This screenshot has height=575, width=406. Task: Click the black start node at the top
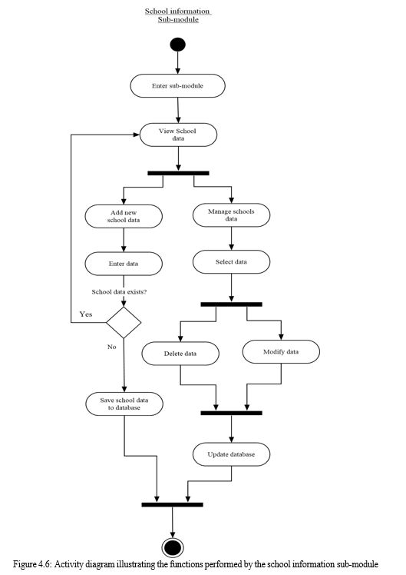(177, 45)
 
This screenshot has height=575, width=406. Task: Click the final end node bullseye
(173, 548)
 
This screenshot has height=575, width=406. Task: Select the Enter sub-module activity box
(177, 86)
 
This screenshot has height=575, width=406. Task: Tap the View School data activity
(178, 135)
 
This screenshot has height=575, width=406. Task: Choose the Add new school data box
(124, 216)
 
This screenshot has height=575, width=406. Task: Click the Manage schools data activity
(231, 215)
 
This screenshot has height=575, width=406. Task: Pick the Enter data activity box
(124, 264)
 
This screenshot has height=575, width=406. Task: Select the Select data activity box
(231, 262)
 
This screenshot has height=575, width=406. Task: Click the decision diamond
(124, 322)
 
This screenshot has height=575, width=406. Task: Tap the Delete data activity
(180, 354)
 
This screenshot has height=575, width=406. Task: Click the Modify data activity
(281, 351)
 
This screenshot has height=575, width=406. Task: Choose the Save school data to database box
(124, 404)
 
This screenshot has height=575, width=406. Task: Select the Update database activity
(231, 454)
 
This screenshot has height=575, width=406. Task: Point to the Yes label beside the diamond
(86, 314)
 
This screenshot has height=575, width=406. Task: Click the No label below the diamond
(111, 347)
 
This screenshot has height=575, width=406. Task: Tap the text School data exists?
(119, 292)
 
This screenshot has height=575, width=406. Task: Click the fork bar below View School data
(178, 173)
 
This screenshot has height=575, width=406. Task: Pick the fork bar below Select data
(231, 304)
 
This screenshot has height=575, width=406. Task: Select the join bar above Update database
(231, 413)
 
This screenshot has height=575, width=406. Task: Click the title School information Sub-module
(178, 15)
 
